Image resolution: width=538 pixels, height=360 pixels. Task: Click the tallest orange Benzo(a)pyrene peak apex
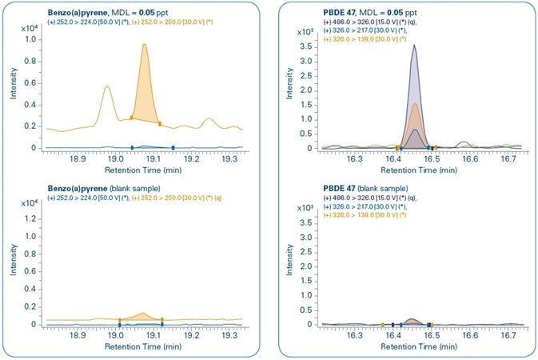click(145, 45)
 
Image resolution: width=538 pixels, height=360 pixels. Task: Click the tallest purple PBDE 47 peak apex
click(413, 46)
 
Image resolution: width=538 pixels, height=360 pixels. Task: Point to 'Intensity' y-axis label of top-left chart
click(12, 85)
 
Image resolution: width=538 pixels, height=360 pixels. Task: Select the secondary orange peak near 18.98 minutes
click(107, 86)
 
